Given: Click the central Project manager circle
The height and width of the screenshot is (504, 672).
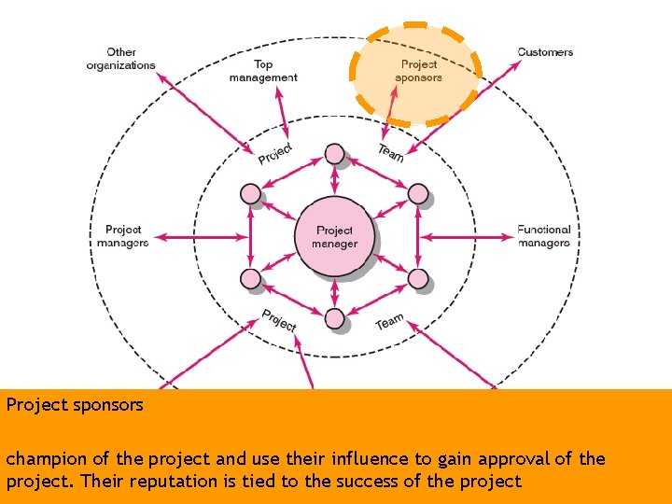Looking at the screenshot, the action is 334,237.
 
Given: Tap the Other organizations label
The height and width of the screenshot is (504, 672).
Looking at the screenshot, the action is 120,59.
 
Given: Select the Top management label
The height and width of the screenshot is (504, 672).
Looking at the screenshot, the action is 263,71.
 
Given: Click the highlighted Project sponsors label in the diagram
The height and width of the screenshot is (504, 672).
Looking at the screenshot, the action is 418,71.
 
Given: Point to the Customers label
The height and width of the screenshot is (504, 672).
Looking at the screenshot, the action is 545,52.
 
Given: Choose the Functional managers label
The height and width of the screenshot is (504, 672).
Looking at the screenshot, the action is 543,236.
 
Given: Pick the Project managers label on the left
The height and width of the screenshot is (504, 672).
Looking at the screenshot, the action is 122,236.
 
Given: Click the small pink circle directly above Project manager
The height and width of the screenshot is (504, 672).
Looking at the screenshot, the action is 334,154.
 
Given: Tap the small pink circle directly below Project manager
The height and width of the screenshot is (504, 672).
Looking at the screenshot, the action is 334,319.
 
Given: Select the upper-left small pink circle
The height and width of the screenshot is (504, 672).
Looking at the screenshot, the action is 250,194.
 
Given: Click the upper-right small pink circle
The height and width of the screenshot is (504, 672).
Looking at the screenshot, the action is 418,194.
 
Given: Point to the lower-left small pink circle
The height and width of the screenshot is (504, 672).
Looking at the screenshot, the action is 250,278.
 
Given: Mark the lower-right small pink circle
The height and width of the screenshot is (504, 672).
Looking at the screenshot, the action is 418,278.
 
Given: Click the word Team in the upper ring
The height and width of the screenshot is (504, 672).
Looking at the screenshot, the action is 391,151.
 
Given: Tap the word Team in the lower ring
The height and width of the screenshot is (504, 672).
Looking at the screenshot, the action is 389,322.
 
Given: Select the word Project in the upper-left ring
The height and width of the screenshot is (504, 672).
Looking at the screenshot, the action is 275,153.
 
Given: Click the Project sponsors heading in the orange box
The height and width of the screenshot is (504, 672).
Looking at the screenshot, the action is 75,405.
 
